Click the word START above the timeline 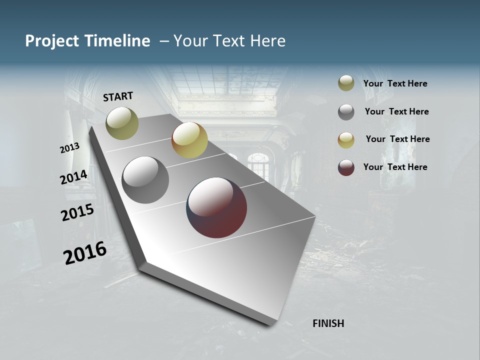[x=118, y=96]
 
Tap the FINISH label [x=328, y=323]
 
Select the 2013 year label [x=69, y=147]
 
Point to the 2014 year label [x=73, y=177]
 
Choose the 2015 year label [x=77, y=212]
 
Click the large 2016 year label [x=85, y=252]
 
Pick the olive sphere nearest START [x=122, y=123]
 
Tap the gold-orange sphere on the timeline [x=189, y=140]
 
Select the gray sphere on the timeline [x=145, y=180]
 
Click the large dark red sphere [x=216, y=207]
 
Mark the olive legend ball [x=346, y=83]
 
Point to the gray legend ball [x=346, y=112]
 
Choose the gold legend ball [x=346, y=140]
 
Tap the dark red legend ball [x=346, y=167]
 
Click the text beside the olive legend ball [x=395, y=83]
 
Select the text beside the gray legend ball [x=396, y=111]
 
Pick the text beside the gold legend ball [x=397, y=139]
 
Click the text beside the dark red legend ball [x=395, y=167]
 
